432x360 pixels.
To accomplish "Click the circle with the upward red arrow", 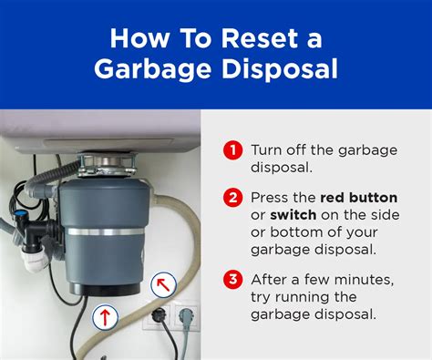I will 105,317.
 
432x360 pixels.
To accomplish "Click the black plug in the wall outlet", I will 156,314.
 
